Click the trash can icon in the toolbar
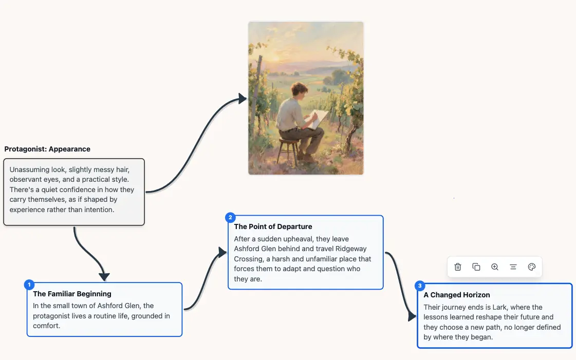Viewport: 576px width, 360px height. coord(458,267)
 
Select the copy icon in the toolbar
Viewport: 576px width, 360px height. coord(476,267)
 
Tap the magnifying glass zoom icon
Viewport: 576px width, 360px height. coord(495,267)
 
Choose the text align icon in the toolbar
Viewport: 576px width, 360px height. coord(513,267)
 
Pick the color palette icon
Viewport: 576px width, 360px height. coord(532,267)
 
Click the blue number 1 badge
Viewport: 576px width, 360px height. coord(29,285)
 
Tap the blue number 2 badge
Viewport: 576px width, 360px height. coord(230,217)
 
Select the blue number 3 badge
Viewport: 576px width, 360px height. coord(420,286)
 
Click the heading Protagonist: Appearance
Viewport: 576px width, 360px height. coord(47,149)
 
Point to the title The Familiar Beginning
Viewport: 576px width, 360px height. coord(72,294)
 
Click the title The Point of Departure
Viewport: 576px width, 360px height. coord(273,226)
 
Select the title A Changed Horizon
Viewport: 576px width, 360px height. coord(456,295)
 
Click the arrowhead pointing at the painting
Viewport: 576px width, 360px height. coord(242,99)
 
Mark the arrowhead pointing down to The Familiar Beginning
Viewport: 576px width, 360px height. coord(104,277)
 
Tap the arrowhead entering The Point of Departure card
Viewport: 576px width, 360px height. coord(222,252)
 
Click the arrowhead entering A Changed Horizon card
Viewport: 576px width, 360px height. coord(412,316)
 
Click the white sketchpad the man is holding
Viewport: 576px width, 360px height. coord(318,119)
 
